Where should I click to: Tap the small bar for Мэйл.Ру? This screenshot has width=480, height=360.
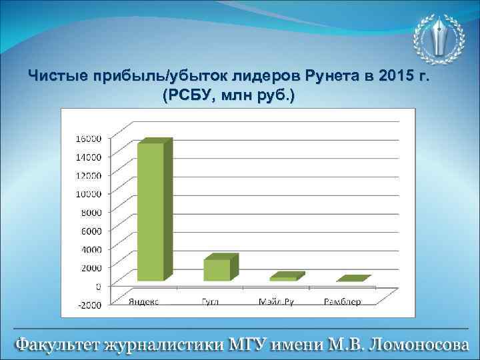[285, 277]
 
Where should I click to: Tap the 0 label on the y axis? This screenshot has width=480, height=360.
[97, 286]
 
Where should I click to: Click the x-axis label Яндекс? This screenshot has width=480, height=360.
[143, 301]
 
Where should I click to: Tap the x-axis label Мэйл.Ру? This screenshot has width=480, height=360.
[276, 301]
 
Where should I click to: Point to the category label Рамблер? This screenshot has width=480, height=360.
[342, 301]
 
